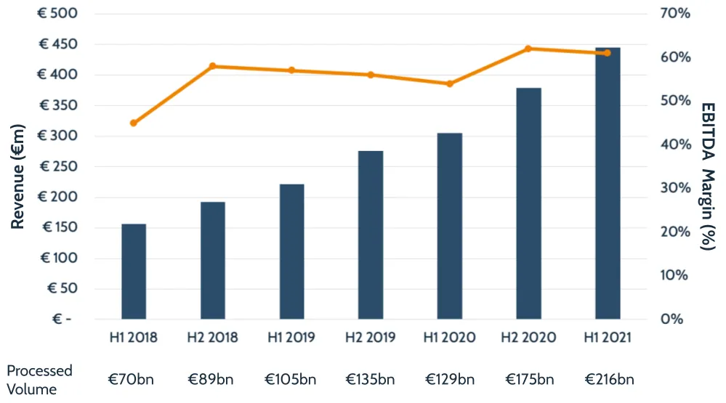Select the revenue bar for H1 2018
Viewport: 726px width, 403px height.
click(x=134, y=272)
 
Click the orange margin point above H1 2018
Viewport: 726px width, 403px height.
click(x=134, y=123)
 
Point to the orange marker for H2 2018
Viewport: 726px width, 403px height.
click(x=213, y=66)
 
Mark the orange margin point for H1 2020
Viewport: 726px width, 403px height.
click(x=449, y=84)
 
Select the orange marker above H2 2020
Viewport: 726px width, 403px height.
click(x=528, y=49)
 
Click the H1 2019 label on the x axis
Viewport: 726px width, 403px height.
click(x=291, y=338)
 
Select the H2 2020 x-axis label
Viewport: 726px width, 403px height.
click(x=528, y=338)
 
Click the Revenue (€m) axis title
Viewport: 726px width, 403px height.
click(x=18, y=176)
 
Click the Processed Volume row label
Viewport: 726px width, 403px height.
click(x=39, y=379)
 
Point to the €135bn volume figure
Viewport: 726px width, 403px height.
click(x=371, y=379)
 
